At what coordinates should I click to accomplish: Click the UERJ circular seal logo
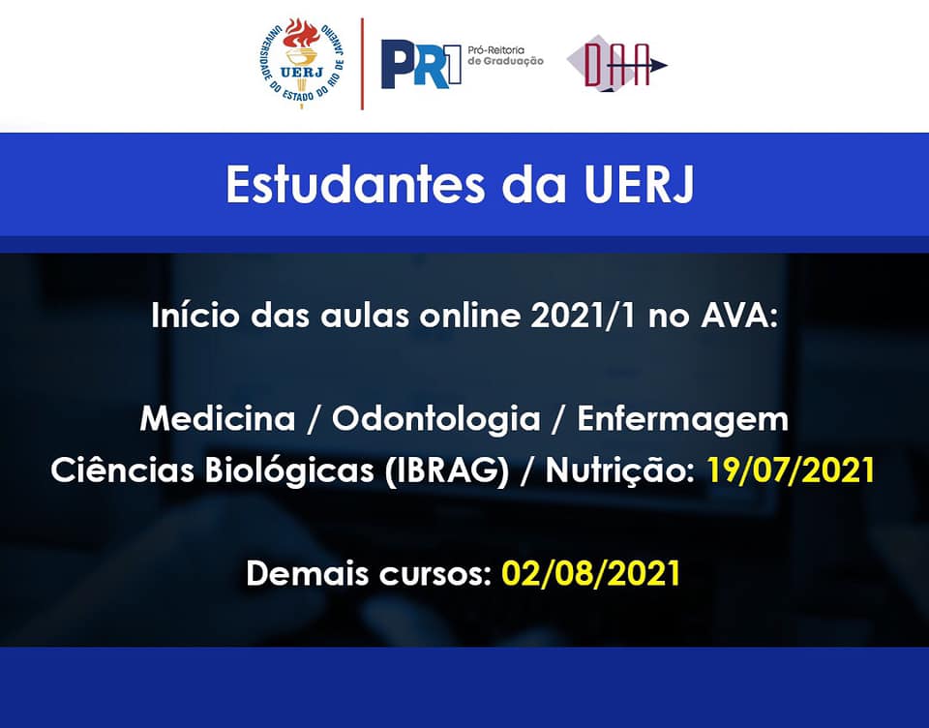pos(302,63)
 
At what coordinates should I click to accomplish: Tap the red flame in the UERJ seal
pos(301,35)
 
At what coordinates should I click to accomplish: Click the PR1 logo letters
pos(421,65)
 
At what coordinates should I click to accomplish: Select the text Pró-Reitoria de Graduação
pos(505,55)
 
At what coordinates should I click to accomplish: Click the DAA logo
pos(616,64)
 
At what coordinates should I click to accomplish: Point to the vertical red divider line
pos(362,64)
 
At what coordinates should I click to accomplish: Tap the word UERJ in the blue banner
pos(638,184)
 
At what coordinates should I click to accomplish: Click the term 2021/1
pos(583,316)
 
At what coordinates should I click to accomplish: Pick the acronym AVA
pos(738,316)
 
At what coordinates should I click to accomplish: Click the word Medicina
pos(218,418)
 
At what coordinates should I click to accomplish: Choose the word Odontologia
pos(436,418)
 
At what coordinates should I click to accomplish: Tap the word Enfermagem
pos(682,419)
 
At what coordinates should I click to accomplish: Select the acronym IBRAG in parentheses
pos(447,470)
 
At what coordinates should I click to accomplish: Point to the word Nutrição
pos(620,470)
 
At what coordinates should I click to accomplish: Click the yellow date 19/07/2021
pos(791,470)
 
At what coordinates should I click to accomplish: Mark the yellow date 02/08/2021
pos(590,573)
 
